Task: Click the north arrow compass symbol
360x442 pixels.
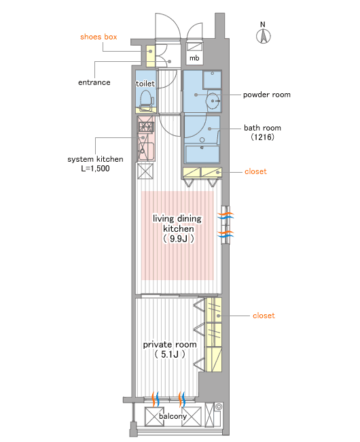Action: pyautogui.click(x=264, y=37)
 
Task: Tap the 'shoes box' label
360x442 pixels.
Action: pyautogui.click(x=98, y=37)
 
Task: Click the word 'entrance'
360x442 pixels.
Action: pyautogui.click(x=94, y=82)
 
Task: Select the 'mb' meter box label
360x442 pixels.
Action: pyautogui.click(x=194, y=58)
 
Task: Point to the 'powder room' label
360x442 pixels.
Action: pyautogui.click(x=267, y=95)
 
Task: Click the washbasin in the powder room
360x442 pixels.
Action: pyautogui.click(x=213, y=101)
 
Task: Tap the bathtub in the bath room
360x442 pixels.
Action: pyautogui.click(x=202, y=154)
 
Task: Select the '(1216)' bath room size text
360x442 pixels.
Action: pyautogui.click(x=262, y=137)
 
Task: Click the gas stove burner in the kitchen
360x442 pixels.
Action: pyautogui.click(x=146, y=126)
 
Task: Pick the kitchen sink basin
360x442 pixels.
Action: pyautogui.click(x=145, y=152)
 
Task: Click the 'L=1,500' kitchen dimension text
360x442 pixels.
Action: pyautogui.click(x=95, y=169)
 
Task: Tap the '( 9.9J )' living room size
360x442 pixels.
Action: pyautogui.click(x=178, y=239)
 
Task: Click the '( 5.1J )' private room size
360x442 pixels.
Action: pyautogui.click(x=170, y=354)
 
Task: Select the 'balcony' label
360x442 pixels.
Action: pyautogui.click(x=173, y=416)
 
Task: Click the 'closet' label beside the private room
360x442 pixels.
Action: pyautogui.click(x=264, y=316)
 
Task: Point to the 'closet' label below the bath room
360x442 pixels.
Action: pyautogui.click(x=255, y=171)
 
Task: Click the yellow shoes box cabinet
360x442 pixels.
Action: pyautogui.click(x=151, y=56)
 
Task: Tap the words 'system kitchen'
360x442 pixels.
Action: pyautogui.click(x=95, y=159)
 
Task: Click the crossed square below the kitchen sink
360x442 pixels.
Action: pyautogui.click(x=145, y=171)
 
